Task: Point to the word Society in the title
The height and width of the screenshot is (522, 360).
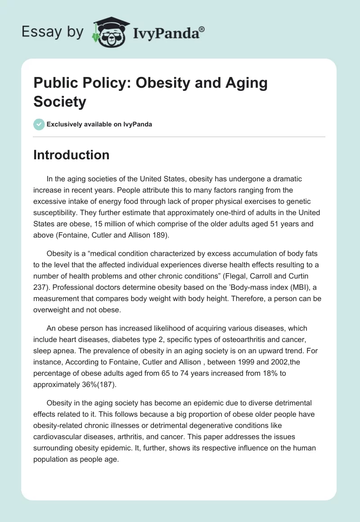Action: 59,102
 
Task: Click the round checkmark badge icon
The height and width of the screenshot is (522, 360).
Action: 39,124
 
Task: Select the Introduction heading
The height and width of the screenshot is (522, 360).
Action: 71,155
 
